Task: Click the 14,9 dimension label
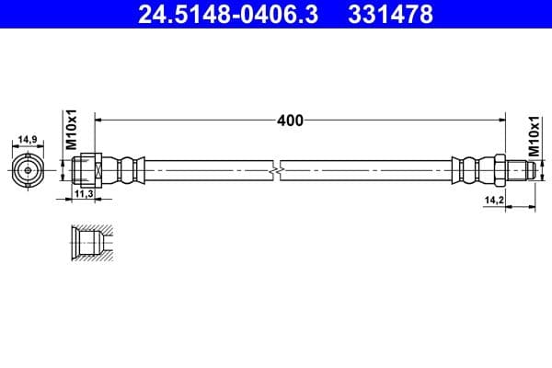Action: tap(28, 140)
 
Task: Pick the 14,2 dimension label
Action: tap(494, 198)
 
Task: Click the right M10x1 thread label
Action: tap(533, 138)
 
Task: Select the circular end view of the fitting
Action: tap(29, 170)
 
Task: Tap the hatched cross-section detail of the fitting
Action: tap(92, 241)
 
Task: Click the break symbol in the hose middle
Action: tap(277, 170)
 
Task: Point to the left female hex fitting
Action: tap(86, 170)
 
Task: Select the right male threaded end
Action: tap(520, 170)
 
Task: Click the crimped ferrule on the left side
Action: tap(127, 170)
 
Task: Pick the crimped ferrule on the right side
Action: tap(470, 170)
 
